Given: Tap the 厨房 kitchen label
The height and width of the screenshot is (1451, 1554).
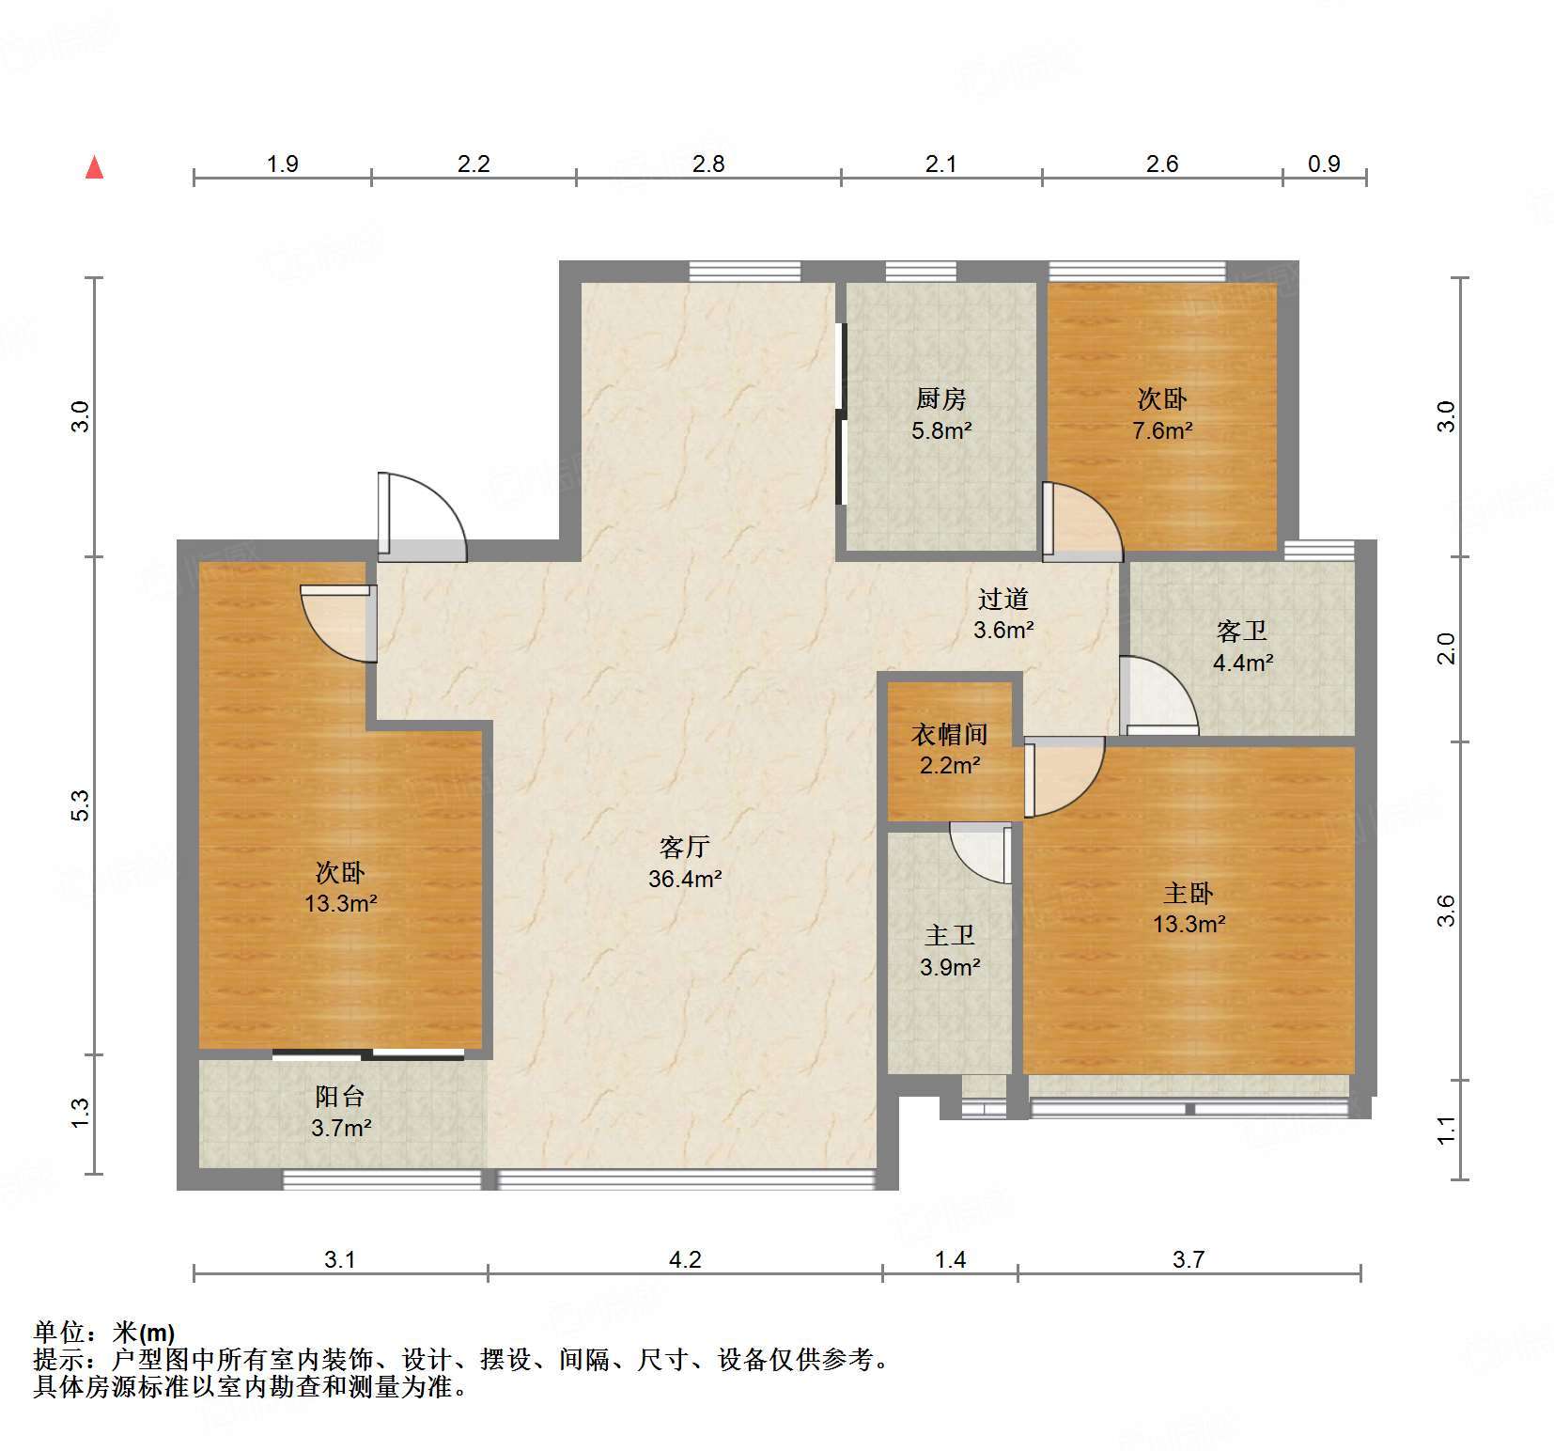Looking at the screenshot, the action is click(940, 399).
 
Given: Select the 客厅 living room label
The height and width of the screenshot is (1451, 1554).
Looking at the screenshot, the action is click(684, 848).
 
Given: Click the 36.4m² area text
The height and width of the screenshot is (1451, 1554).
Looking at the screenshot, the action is click(685, 880).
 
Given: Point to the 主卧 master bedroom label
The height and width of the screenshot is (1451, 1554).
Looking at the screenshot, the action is click(1189, 893).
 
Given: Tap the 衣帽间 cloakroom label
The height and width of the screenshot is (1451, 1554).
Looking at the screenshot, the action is click(949, 734).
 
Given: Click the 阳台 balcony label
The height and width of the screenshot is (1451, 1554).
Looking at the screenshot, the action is click(340, 1096).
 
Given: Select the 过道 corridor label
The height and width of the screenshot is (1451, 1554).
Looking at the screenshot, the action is click(1003, 599).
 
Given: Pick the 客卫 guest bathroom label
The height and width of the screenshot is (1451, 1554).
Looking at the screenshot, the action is click(1242, 631).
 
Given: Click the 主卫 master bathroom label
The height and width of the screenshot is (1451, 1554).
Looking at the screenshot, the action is click(949, 935).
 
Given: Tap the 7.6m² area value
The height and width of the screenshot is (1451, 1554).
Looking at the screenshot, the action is click(1162, 431).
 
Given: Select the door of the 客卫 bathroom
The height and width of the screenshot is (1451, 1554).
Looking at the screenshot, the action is click(1159, 697).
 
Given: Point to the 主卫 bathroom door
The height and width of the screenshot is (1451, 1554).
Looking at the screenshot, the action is click(980, 853).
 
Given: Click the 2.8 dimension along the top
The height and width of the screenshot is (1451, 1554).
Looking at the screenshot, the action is click(708, 164).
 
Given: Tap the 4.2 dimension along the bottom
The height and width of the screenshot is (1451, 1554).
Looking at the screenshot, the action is click(685, 1258).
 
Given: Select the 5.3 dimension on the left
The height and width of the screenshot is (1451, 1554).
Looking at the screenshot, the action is click(81, 805).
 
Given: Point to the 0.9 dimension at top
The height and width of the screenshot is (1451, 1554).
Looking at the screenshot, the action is click(1324, 164).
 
